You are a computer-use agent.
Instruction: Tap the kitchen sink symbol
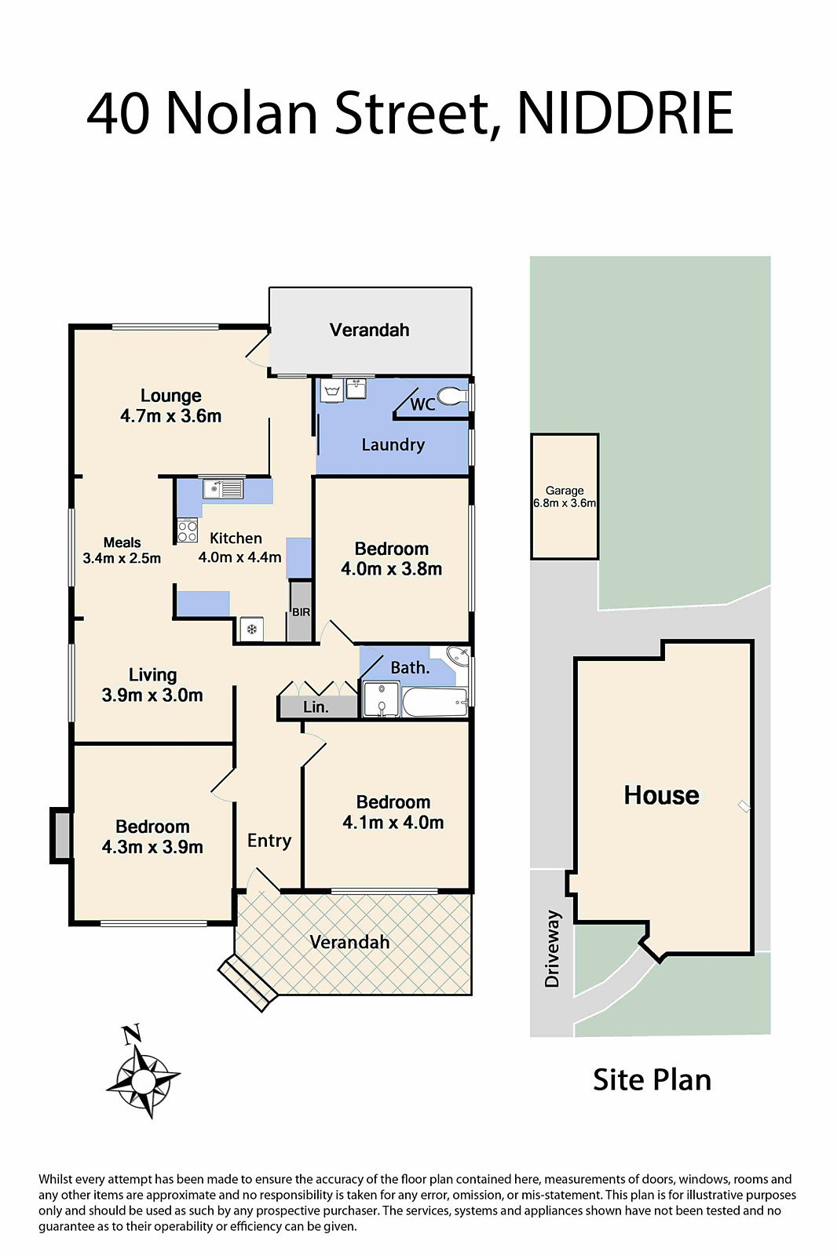223,489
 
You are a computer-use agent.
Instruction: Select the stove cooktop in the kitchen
188,531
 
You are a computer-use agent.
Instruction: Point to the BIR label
301,612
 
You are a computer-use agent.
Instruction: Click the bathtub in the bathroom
435,702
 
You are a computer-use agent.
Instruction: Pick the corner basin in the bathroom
459,656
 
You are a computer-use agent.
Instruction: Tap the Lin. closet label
316,707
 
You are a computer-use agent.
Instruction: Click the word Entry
269,841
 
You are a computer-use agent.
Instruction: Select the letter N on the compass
131,1034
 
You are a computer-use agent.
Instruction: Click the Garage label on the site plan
565,491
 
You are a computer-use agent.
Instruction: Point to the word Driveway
552,948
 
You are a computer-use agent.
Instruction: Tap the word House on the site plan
661,795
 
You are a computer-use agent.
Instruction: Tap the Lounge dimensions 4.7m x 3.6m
170,416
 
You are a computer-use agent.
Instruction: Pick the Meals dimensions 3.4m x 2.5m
122,558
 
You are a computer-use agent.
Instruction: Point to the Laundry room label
393,445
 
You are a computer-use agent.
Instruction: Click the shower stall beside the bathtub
382,699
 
